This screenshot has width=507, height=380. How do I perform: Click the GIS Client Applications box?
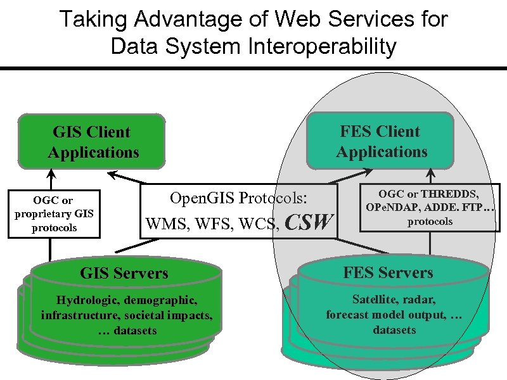(93, 142)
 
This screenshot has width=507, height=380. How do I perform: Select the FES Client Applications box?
(382, 141)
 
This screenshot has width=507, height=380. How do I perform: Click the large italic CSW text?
(309, 222)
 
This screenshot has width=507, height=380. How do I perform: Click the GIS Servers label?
(124, 273)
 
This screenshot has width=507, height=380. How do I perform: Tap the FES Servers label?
(388, 273)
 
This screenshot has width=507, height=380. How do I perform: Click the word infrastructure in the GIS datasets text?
(75, 315)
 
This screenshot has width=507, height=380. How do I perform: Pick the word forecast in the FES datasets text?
(347, 314)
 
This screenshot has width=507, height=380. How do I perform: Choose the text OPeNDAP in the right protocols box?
(392, 207)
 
